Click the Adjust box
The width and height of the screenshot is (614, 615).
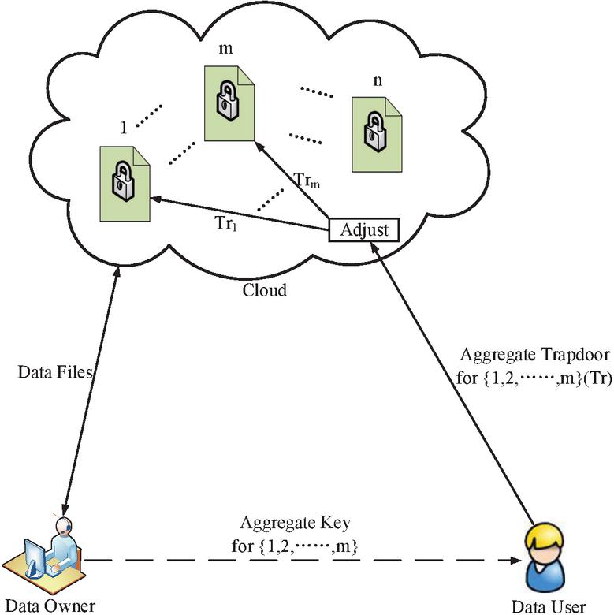click(363, 230)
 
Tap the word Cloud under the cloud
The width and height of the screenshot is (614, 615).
click(264, 289)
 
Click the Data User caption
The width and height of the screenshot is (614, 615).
click(549, 606)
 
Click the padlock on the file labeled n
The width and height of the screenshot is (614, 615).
click(370, 132)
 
